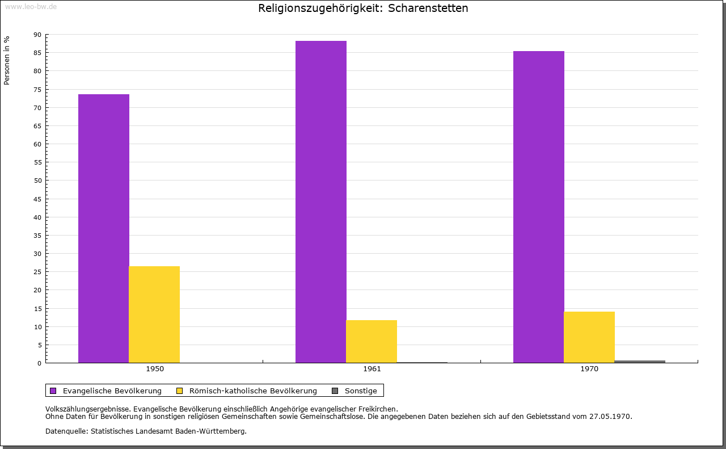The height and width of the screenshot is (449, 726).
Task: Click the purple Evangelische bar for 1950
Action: pyautogui.click(x=104, y=228)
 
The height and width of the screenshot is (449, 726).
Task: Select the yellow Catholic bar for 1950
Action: pyautogui.click(x=154, y=314)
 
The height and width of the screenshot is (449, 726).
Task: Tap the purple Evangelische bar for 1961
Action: pyautogui.click(x=321, y=202)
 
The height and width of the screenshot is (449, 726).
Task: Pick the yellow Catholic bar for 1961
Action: pyautogui.click(x=372, y=341)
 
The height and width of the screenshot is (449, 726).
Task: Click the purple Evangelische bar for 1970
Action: pyautogui.click(x=539, y=207)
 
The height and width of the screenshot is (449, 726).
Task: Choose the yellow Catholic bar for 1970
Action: pyautogui.click(x=589, y=337)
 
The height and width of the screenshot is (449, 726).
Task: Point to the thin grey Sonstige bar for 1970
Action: pyautogui.click(x=640, y=362)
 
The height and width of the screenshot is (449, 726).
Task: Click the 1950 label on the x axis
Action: pyautogui.click(x=155, y=369)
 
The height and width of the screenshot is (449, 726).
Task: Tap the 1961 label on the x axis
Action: pyautogui.click(x=372, y=369)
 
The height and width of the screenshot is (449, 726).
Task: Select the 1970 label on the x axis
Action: pyautogui.click(x=589, y=369)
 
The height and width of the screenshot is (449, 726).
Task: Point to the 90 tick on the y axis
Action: pyautogui.click(x=37, y=35)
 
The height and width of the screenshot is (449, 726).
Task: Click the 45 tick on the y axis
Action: pyautogui.click(x=37, y=199)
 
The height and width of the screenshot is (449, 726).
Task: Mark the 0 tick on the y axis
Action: pyautogui.click(x=40, y=363)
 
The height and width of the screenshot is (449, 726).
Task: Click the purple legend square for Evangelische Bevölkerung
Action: pyautogui.click(x=53, y=391)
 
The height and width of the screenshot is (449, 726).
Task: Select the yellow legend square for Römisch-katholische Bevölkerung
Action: pyautogui.click(x=180, y=391)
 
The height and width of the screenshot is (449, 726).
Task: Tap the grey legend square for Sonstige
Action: pyautogui.click(x=335, y=391)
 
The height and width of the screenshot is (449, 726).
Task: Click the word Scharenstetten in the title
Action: pyautogui.click(x=428, y=8)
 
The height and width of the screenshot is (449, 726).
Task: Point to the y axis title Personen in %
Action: pyautogui.click(x=7, y=60)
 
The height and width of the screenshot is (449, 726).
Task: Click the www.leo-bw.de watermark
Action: pyautogui.click(x=31, y=6)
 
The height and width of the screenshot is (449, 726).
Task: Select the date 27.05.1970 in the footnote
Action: pyautogui.click(x=610, y=417)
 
